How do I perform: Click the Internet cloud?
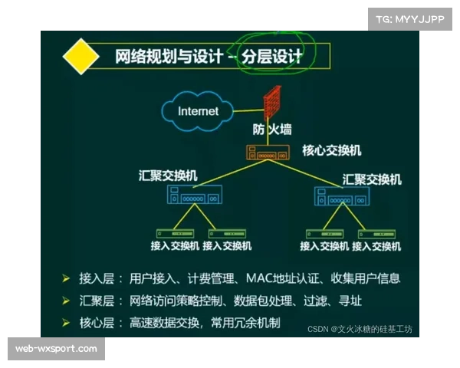point(198,110)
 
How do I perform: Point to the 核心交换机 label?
point(332,150)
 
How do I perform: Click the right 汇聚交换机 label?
point(372,179)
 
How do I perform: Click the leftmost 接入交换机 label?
point(175,246)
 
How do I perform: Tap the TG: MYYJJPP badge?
point(409,18)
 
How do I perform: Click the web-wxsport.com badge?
point(57,349)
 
